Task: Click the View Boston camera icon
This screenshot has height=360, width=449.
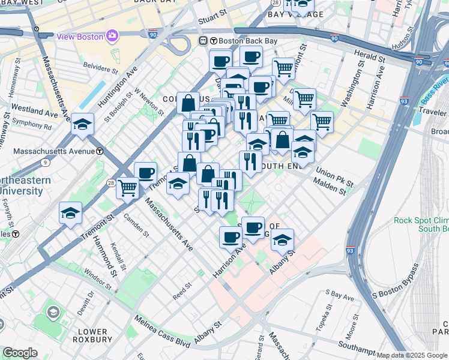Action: pyautogui.click(x=112, y=36)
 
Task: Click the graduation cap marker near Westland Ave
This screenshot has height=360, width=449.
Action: pyautogui.click(x=82, y=125)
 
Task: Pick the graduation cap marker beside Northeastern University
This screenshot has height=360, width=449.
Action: pyautogui.click(x=70, y=213)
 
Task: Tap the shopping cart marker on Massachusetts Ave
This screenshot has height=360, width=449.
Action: pyautogui.click(x=127, y=188)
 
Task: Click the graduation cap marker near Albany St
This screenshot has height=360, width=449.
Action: pyautogui.click(x=282, y=240)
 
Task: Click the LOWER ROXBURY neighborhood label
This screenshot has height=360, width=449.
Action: pyautogui.click(x=92, y=336)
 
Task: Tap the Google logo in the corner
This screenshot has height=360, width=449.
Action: pyautogui.click(x=20, y=353)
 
